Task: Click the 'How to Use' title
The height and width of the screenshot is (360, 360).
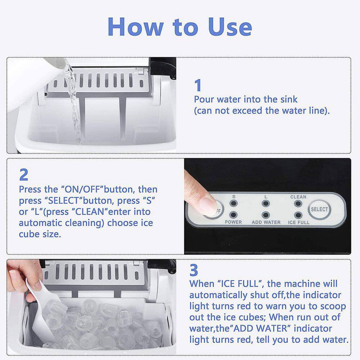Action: tap(180, 26)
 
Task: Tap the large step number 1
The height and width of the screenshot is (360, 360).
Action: tap(198, 86)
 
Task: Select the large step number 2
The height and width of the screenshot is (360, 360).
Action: tap(23, 175)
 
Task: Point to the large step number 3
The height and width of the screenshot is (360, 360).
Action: tap(194, 270)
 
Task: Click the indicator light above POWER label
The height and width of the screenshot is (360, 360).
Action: tap(234, 215)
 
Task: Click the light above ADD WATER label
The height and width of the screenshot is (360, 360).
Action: tap(266, 215)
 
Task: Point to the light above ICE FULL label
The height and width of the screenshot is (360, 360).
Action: tap(298, 215)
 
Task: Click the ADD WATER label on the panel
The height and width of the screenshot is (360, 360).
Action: tap(266, 222)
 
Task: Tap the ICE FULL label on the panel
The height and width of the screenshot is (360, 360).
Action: tap(298, 222)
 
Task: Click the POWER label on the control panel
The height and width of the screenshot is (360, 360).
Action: tap(233, 222)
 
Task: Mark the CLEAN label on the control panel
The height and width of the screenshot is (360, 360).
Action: tap(298, 197)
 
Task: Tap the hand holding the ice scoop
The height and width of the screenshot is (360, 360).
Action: tap(22, 277)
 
